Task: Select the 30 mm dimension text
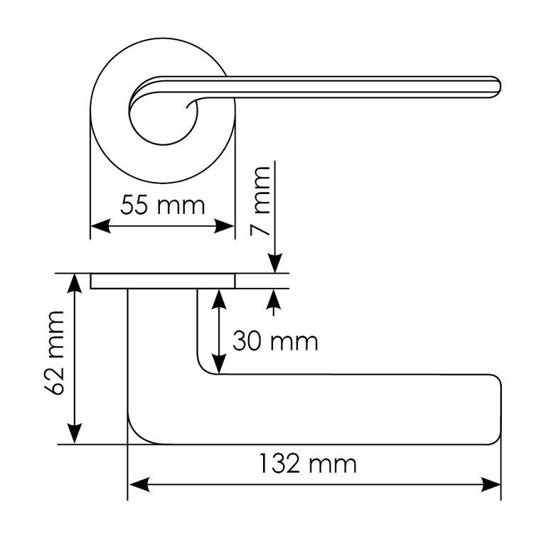click(x=275, y=341)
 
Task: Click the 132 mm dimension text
click(x=306, y=465)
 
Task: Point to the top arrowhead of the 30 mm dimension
click(x=220, y=299)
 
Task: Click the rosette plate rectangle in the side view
click(x=163, y=281)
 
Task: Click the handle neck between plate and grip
click(x=163, y=334)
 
